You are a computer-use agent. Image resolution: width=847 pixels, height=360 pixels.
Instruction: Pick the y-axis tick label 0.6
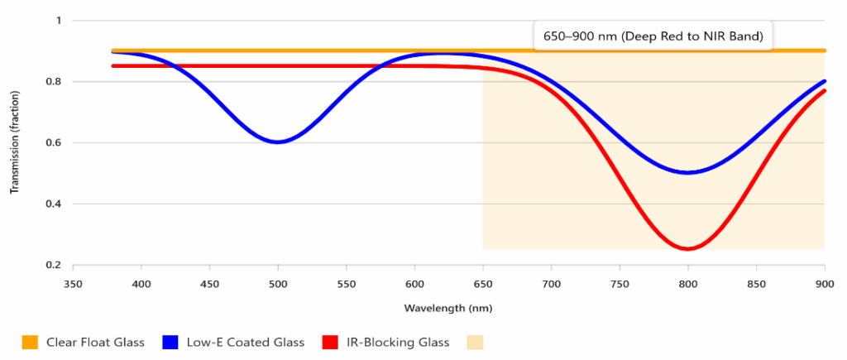[54, 142]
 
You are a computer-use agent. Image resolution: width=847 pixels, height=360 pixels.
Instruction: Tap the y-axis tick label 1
[58, 20]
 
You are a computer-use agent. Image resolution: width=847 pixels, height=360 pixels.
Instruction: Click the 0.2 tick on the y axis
[54, 265]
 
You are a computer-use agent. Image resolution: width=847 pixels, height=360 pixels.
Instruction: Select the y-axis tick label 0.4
[54, 204]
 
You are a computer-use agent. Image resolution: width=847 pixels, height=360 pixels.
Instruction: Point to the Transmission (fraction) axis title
[14, 142]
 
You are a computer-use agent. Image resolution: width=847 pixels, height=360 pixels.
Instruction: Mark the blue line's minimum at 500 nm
[278, 142]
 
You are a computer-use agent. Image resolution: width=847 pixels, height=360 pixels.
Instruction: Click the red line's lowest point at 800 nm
[687, 248]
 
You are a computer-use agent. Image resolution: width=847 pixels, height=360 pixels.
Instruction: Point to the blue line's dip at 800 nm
[687, 172]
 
